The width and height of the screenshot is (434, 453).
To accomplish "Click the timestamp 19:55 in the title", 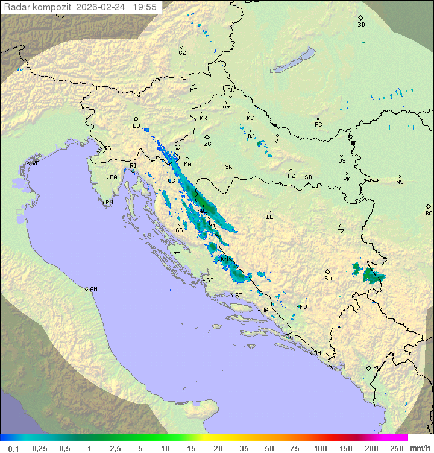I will [x=145, y=7].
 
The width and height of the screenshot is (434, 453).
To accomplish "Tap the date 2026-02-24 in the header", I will [x=104, y=7].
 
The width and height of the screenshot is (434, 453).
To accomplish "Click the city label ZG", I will [x=207, y=144].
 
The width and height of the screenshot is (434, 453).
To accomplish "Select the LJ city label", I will [x=136, y=126].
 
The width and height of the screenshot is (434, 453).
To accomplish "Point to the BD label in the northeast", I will [x=361, y=25].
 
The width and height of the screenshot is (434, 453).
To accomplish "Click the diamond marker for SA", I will [x=327, y=271].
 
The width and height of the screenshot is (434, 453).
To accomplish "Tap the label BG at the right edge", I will [x=429, y=213].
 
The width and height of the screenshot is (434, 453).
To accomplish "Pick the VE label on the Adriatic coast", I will [x=36, y=163].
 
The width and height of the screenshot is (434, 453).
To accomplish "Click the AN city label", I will [x=93, y=289].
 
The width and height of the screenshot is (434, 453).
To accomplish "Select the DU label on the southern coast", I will [x=317, y=353].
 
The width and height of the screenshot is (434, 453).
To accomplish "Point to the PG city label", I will [x=377, y=367].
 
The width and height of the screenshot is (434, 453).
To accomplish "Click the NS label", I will [x=400, y=182].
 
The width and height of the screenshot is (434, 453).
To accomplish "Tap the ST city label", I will [x=239, y=296].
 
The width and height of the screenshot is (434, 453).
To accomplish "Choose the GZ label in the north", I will [x=182, y=52].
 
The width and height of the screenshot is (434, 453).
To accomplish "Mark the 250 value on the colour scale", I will [x=396, y=448].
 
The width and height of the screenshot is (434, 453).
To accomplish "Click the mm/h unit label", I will [x=420, y=448].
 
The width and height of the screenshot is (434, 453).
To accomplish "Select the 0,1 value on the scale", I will [x=13, y=448].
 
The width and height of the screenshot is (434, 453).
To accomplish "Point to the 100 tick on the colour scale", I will [x=320, y=448].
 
